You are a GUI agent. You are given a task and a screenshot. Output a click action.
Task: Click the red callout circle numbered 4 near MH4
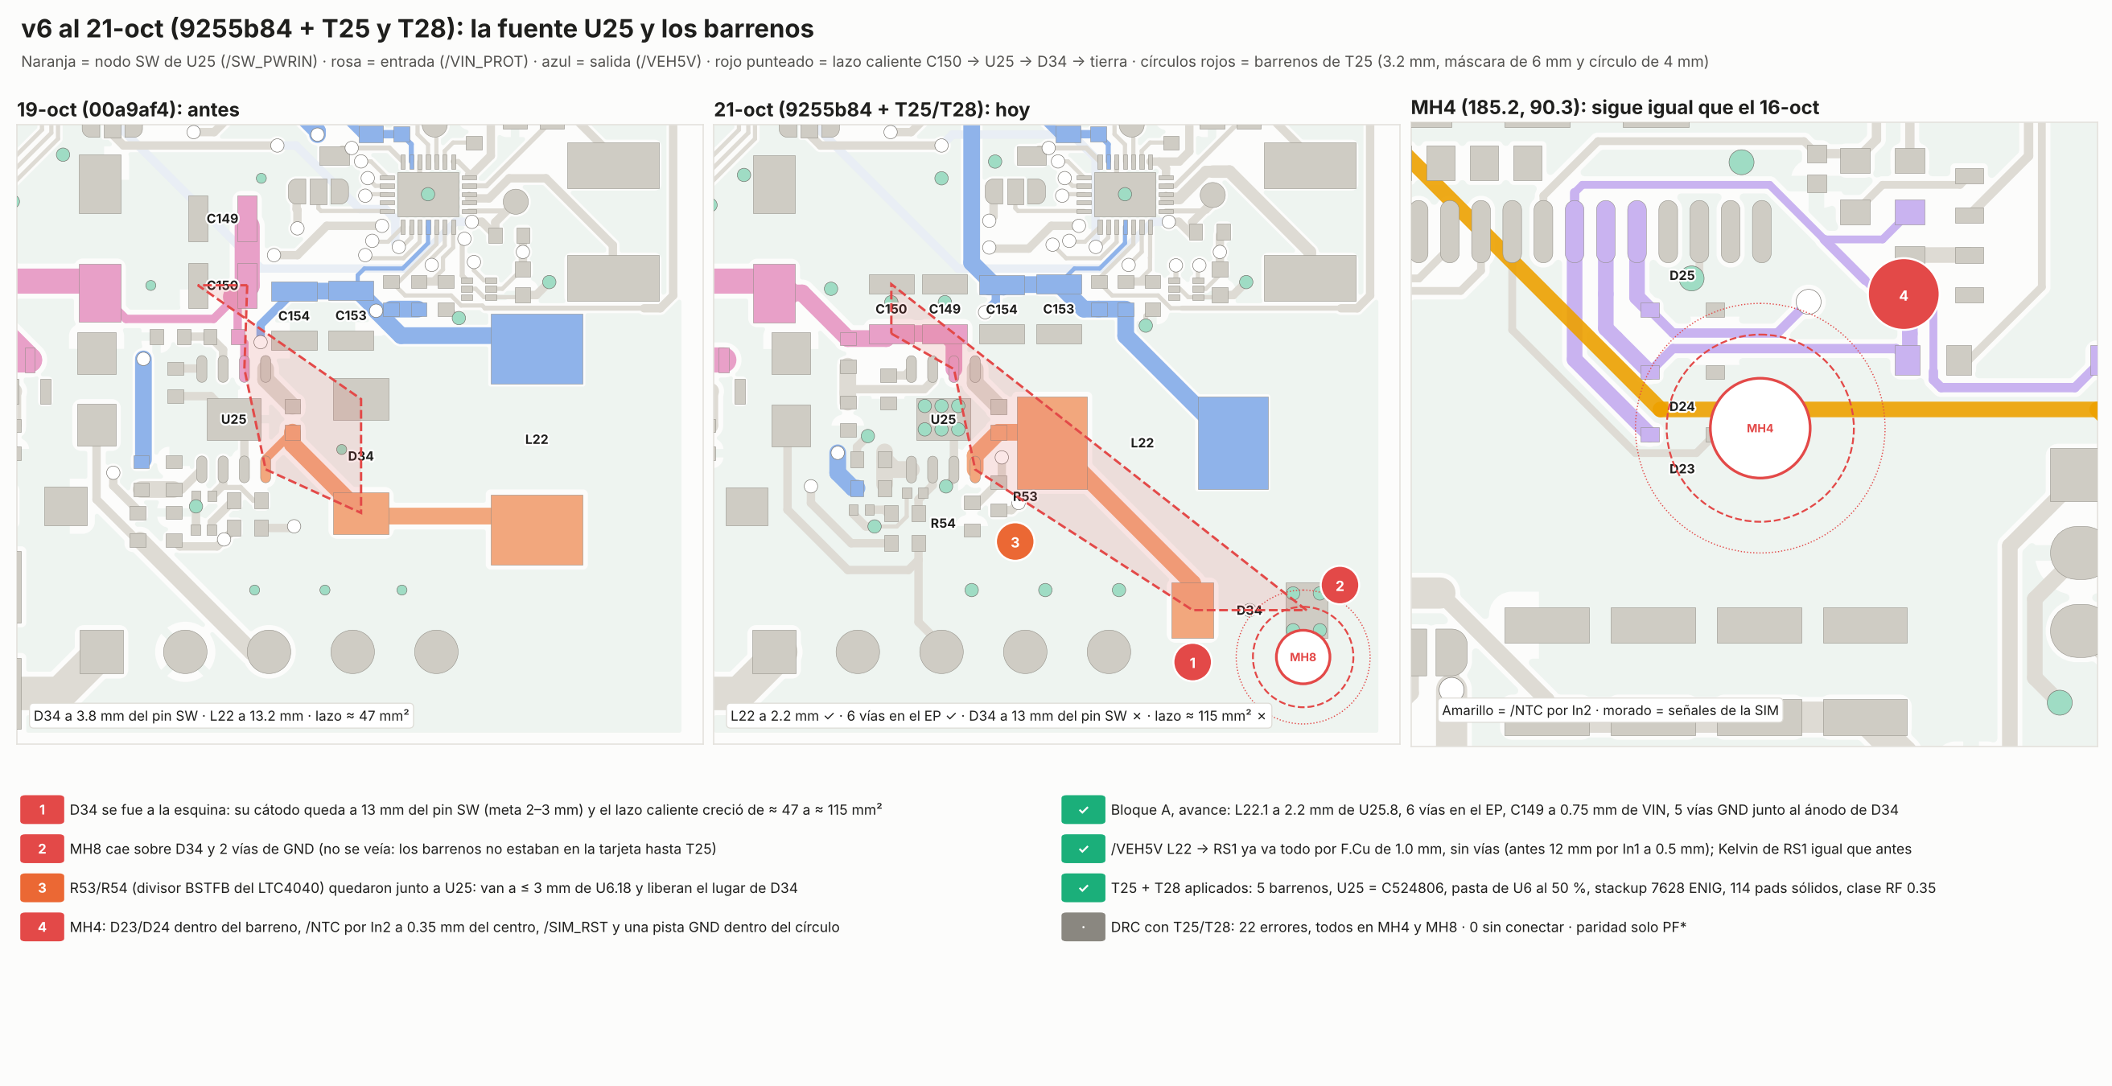[x=1903, y=295]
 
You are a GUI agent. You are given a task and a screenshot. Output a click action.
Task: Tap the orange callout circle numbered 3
[x=1015, y=541]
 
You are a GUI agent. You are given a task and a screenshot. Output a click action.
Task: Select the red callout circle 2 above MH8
[x=1340, y=585]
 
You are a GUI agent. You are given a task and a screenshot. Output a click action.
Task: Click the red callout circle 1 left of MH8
[x=1192, y=662]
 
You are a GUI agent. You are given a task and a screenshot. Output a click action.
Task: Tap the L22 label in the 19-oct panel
[x=536, y=439]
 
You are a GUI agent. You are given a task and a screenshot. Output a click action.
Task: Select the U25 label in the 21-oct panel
[x=943, y=420]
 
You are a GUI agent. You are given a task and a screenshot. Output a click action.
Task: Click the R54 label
[x=943, y=523]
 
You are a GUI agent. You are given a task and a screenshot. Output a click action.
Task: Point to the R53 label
[x=1025, y=496]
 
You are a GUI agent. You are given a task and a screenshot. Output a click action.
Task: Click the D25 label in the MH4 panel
[x=1682, y=275]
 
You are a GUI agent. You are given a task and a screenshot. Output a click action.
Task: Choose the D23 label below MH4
[x=1682, y=469]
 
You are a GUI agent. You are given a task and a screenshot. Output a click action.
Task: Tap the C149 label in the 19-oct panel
[x=222, y=219]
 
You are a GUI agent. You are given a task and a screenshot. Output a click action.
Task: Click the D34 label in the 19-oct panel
[x=360, y=455]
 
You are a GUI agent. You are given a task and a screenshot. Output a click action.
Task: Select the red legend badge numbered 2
[x=42, y=849]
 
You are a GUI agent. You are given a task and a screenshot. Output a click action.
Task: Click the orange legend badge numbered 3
[x=42, y=887]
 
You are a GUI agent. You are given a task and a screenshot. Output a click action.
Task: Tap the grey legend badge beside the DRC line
[x=1083, y=927]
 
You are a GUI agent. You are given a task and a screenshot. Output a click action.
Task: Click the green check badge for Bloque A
[x=1083, y=810]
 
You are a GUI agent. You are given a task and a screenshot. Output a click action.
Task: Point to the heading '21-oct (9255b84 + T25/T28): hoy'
[x=871, y=110]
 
